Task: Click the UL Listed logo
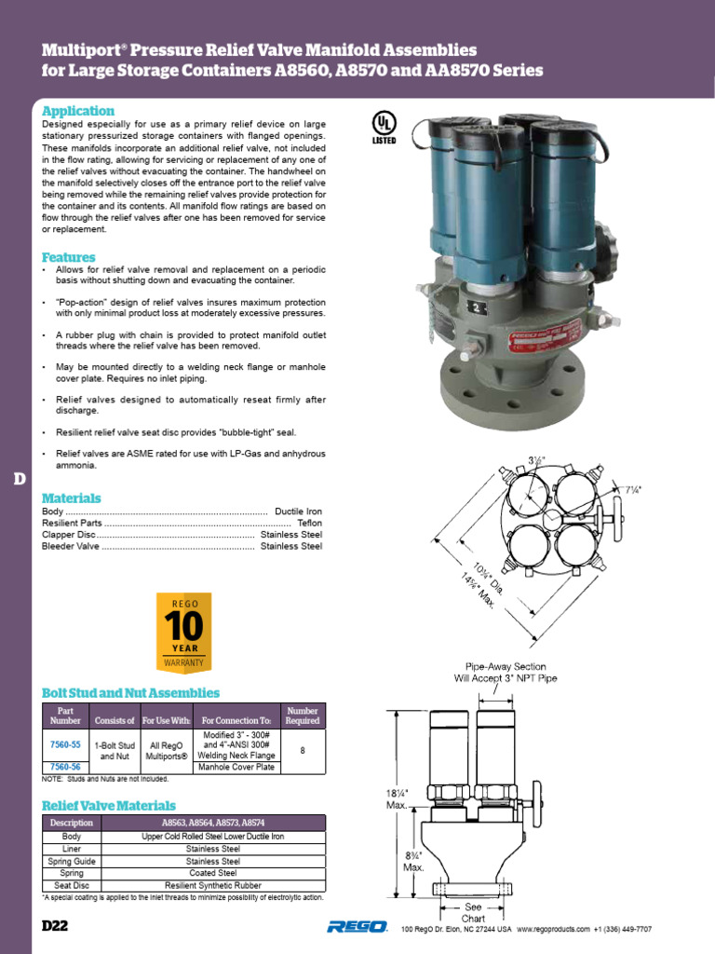384,129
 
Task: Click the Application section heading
78,111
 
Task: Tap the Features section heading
68,257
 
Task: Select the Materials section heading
72,498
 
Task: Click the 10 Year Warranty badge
183,632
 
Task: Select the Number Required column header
303,715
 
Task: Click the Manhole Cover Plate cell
238,767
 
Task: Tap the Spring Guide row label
72,862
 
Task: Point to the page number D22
55,928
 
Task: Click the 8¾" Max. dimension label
413,861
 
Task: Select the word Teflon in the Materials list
309,524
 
